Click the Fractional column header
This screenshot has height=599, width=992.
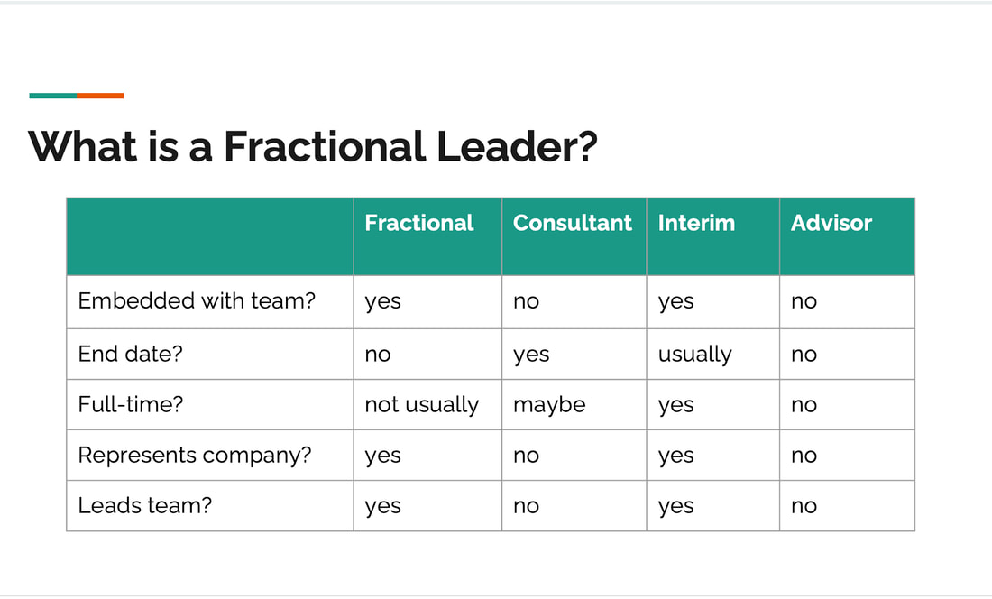pos(418,223)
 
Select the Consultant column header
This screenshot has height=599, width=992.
pos(572,223)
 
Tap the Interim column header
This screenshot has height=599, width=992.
pos(696,223)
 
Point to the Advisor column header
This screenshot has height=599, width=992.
pos(831,223)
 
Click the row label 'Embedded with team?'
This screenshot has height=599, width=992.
pos(197,300)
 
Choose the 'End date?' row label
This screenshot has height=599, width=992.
pos(131,354)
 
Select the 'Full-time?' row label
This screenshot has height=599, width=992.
pos(131,404)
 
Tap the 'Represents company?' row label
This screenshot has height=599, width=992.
pos(195,456)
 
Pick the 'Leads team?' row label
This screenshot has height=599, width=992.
pos(145,505)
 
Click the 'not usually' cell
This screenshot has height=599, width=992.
pos(422,405)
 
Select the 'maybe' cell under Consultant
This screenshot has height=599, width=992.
pos(549,405)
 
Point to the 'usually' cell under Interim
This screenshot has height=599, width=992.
pos(694,355)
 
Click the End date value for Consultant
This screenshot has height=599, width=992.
pos(531,355)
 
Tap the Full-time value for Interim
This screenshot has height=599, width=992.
pos(675,406)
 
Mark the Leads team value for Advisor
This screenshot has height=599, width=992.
pos(804,507)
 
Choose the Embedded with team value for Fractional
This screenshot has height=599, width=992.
pos(382,302)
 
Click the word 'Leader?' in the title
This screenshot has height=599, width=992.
pos(516,146)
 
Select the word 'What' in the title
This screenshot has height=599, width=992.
pos(83,146)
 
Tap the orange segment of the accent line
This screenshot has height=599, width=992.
pos(100,96)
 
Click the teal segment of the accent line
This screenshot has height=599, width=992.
pos(53,96)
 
